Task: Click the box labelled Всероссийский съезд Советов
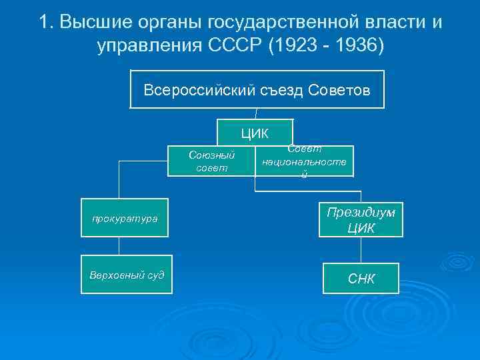point(257,89)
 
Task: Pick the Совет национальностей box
point(304,161)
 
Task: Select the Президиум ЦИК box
point(361,219)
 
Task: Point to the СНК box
point(361,278)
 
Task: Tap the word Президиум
point(361,211)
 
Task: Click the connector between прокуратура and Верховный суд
point(119,246)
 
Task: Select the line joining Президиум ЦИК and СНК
point(361,250)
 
